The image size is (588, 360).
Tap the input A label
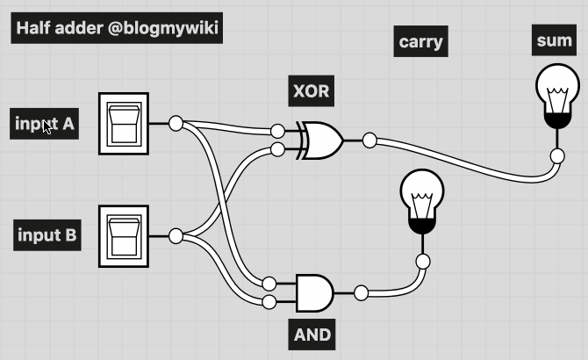[46, 124]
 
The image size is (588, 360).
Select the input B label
[47, 235]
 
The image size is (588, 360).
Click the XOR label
[312, 90]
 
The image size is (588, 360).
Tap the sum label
[555, 40]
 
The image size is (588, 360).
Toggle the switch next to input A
[123, 123]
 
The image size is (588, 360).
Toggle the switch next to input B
[123, 235]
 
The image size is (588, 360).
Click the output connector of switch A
[176, 123]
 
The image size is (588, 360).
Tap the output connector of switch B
[176, 235]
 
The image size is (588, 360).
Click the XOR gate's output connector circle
[369, 139]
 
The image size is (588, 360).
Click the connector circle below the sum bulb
[557, 156]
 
